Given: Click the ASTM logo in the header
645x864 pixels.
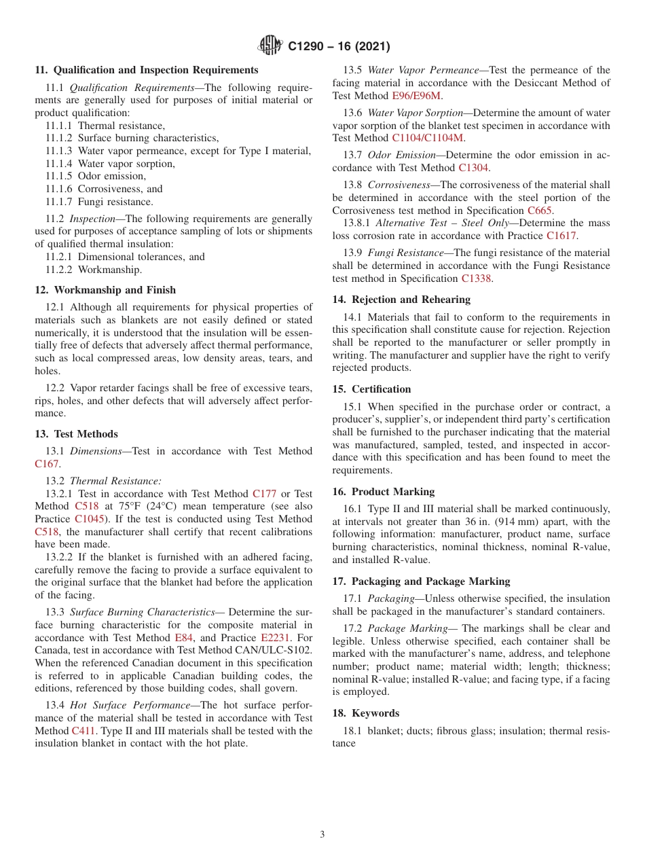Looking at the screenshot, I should tap(271, 46).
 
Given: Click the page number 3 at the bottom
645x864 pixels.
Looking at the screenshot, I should tap(322, 835).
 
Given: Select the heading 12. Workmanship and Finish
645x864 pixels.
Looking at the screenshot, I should tap(105, 290).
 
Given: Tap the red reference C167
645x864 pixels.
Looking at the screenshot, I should tap(47, 464).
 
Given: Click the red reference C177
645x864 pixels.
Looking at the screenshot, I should tap(264, 494).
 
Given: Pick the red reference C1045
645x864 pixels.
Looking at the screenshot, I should tap(90, 519).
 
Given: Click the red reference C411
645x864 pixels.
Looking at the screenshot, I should tap(84, 731).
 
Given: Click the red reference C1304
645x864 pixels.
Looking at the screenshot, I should tap(473, 168).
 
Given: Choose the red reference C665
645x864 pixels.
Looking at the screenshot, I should tap(540, 211).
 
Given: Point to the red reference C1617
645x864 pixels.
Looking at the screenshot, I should tap(561, 236).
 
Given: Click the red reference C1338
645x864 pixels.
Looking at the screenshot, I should tap(476, 278).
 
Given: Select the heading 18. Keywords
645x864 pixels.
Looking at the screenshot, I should tap(365, 713).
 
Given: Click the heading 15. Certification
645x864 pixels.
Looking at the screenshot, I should tap(371, 389).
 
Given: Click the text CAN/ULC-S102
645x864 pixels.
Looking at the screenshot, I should tap(278, 650).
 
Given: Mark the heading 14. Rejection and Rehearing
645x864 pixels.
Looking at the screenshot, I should tap(401, 300).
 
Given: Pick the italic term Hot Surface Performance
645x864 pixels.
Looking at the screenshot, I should tap(130, 705).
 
